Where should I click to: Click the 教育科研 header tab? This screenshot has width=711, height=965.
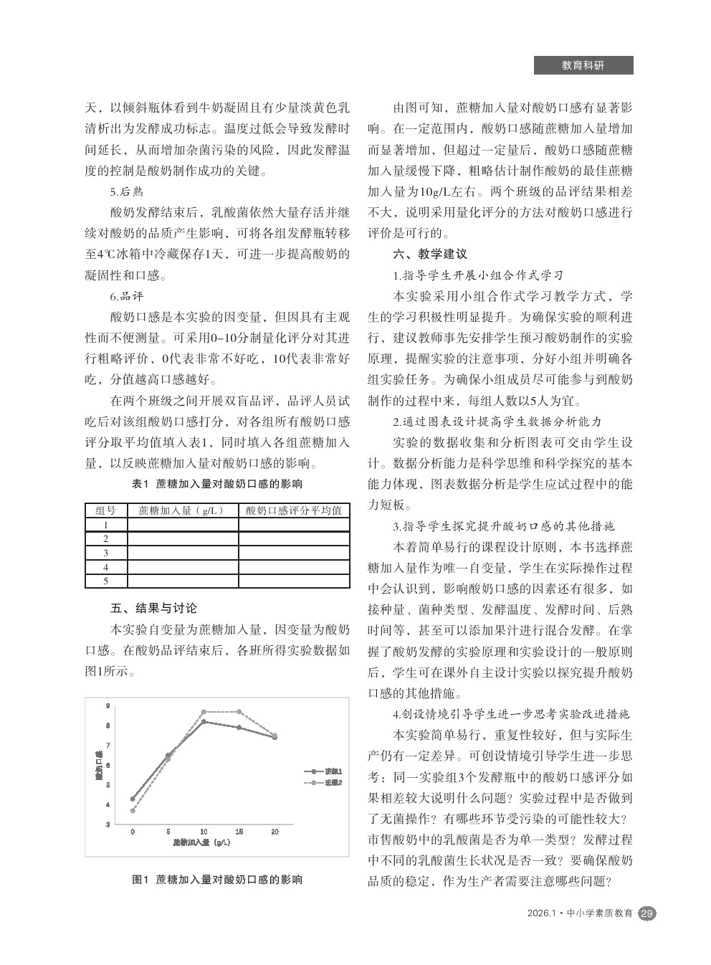pos(583,65)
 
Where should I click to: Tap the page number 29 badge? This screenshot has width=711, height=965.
pos(647,913)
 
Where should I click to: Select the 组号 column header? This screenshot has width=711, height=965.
pos(106,510)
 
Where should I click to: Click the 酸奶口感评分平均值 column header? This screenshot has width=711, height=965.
pos(294,510)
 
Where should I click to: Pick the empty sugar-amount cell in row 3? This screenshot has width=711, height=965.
pos(183,553)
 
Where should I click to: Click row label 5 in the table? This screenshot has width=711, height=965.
pos(106,581)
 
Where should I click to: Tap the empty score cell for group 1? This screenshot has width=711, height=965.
pos(294,525)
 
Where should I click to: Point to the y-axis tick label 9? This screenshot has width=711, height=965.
pos(108,705)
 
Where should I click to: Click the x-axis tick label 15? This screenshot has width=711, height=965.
pos(239,832)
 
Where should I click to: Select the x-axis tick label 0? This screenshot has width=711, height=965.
pos(133,832)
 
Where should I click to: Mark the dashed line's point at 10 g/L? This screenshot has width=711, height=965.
pos(204,712)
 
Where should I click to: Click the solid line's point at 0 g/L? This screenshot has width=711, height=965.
pos(133,799)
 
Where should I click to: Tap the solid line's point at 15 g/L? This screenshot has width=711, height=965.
pos(239,728)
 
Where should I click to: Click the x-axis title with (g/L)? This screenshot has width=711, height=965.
pos(201,842)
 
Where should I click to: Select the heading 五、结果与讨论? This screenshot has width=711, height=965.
pos(153,609)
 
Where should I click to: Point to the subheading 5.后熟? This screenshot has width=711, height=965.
pos(127,192)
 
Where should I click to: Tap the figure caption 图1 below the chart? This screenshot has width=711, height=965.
pos(217,879)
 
